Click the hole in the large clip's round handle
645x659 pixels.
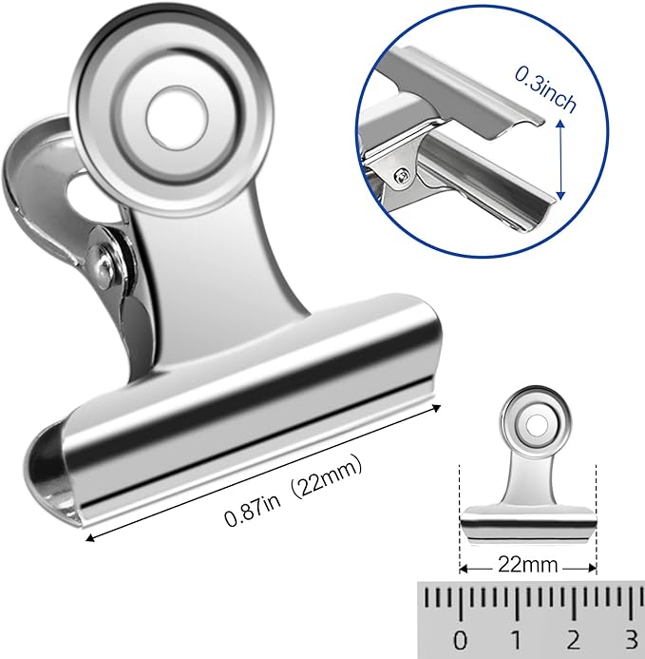(x=177, y=118)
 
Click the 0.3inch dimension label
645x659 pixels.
(x=546, y=90)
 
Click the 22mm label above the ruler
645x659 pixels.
(x=528, y=565)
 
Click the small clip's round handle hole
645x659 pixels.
(x=535, y=421)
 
